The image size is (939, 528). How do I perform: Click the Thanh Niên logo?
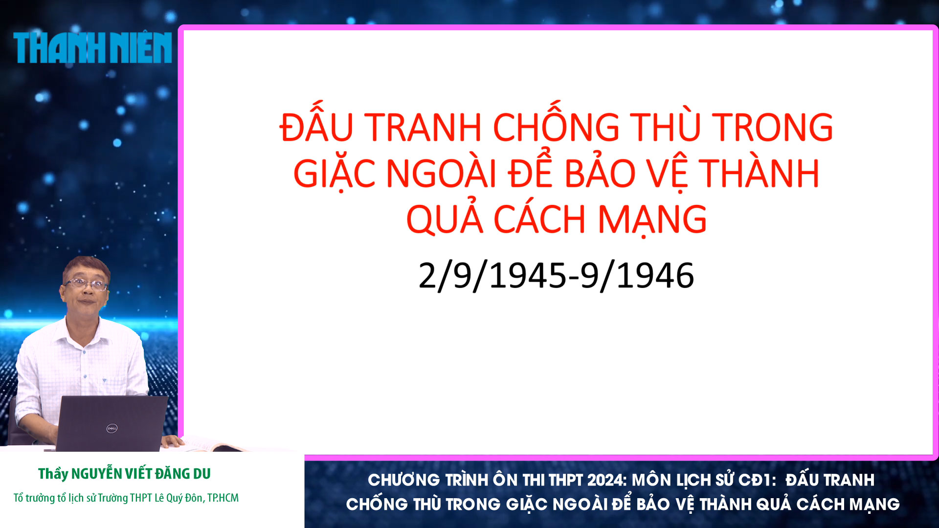pos(92,48)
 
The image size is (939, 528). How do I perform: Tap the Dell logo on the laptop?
pos(112,429)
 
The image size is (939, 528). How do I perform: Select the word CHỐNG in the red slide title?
pos(556,127)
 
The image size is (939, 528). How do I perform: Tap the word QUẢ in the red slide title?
pos(445,220)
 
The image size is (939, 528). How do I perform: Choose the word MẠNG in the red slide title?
pos(652,220)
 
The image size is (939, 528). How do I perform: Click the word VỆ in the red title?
pos(666,174)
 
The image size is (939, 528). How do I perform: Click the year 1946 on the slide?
pos(655,275)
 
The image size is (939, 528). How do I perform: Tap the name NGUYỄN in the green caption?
pos(97,473)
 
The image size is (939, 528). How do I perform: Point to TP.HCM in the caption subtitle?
pos(223,498)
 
